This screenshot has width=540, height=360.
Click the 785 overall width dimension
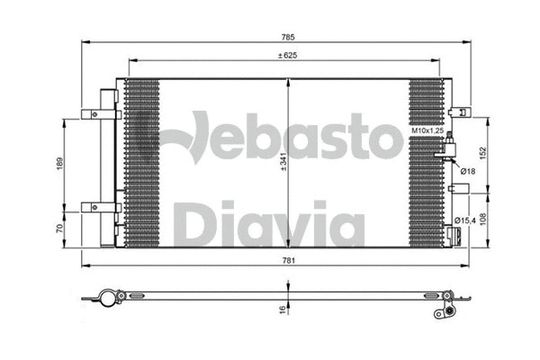coord(289,37)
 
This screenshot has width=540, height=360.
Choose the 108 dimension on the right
coord(482,218)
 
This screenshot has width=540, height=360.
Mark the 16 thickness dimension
coord(282,310)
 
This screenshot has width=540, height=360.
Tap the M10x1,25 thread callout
coord(429,131)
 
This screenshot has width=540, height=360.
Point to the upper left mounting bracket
coord(94,113)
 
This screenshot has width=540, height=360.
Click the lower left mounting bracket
coord(94,207)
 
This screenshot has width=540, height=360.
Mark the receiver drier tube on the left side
coord(106,166)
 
